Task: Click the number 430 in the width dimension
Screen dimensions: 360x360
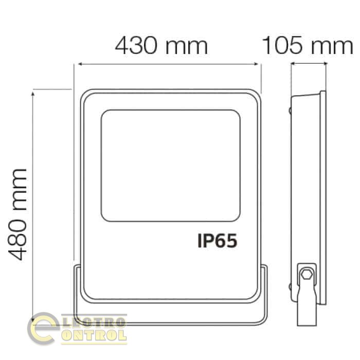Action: point(136,45)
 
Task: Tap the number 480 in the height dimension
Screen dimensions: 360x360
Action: point(17,240)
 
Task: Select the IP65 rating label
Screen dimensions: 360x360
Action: point(217,241)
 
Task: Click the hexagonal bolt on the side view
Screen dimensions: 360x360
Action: point(307,274)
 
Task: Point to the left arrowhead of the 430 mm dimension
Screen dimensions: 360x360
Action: point(80,64)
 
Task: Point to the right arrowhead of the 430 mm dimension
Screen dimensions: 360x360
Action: point(256,64)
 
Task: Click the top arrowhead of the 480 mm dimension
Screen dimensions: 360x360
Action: point(33,94)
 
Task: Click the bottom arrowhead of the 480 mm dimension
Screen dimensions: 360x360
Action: point(33,320)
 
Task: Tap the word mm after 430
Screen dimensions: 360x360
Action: point(186,47)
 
